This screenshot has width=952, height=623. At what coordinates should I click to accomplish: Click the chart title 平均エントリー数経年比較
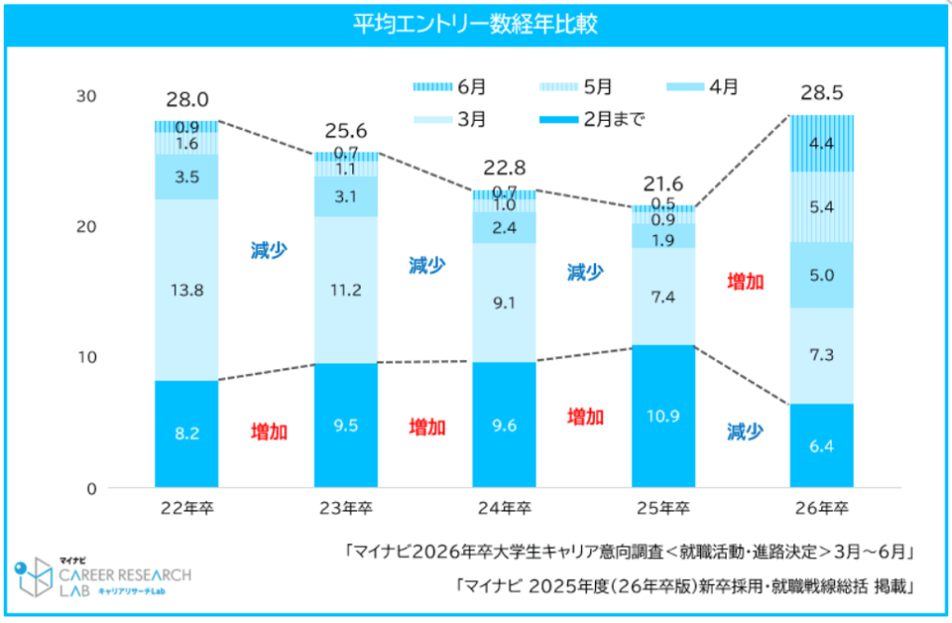coord(475,23)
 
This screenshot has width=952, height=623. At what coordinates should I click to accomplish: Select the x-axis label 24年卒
coord(504,509)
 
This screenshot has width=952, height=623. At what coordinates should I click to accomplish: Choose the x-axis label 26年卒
coord(822,509)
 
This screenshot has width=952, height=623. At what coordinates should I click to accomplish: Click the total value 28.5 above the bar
coord(821,94)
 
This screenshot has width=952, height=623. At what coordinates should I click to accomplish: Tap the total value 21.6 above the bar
coord(663,184)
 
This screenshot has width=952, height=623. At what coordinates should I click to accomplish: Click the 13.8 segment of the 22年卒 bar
coord(186,289)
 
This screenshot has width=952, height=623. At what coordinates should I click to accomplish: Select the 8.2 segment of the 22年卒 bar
coord(186,433)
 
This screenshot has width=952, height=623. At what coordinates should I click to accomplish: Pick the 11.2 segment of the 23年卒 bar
coord(345,289)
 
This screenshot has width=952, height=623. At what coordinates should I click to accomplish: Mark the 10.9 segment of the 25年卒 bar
coord(663,415)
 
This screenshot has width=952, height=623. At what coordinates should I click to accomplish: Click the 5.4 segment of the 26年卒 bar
coord(821,206)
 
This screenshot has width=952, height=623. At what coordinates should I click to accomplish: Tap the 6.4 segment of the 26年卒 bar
coord(821,445)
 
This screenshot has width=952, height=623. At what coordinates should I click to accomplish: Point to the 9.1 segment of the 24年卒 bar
coord(504,302)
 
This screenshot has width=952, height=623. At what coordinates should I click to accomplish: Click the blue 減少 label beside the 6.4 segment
coord(745,431)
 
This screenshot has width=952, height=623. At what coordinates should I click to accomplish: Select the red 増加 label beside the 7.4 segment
coord(745,282)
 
